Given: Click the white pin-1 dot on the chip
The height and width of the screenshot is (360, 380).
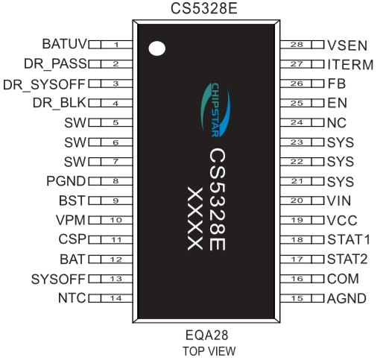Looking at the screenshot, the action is [156, 48].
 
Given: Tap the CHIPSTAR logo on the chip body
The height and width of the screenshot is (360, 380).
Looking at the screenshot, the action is [215, 110].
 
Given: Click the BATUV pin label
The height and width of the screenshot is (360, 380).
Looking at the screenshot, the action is [65, 44].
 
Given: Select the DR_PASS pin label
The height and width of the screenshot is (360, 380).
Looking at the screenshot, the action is [55, 63].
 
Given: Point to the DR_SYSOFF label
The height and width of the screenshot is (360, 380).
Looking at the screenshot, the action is [44, 84].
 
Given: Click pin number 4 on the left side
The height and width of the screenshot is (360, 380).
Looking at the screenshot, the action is [115, 103].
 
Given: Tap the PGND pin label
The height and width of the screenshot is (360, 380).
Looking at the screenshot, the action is [66, 181].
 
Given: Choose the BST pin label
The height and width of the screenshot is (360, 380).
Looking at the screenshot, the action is [72, 200].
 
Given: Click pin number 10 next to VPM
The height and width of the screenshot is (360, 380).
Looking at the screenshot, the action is [115, 220].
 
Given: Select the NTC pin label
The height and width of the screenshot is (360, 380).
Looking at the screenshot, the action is [72, 298].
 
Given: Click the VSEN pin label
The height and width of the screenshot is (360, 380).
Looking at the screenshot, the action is [347, 45].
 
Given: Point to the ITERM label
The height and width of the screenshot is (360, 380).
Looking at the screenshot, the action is [350, 65].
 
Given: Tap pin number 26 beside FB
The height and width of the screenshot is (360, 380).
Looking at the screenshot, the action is [297, 83].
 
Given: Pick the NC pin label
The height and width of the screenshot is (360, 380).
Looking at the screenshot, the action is [337, 123].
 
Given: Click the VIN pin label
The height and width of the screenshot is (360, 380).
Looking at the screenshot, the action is [339, 200].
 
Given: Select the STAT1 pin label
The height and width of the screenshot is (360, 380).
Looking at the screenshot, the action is [349, 239].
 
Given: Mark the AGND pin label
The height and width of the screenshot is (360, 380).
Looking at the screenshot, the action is [346, 298].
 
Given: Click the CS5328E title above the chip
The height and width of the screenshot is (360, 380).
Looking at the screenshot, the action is [204, 8].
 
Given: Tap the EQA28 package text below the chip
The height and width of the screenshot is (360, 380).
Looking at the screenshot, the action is [206, 335].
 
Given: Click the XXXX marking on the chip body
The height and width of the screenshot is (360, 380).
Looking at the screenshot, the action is [195, 218].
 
